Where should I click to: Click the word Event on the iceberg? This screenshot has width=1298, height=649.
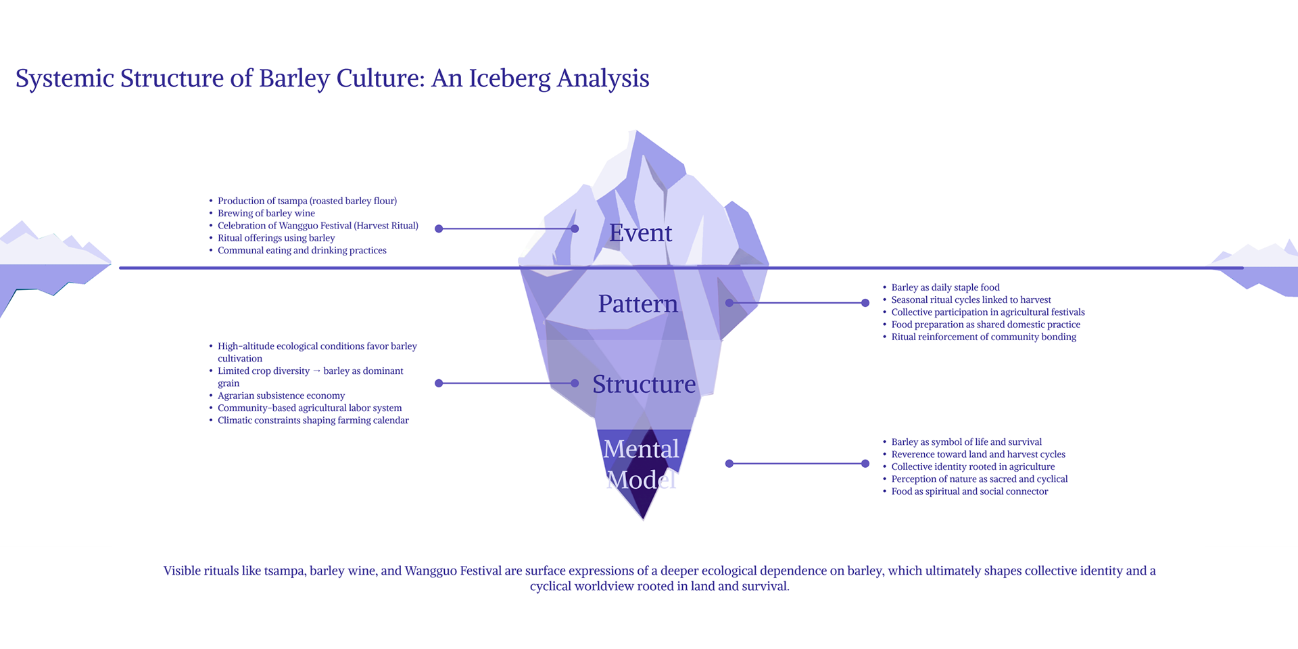coord(640,233)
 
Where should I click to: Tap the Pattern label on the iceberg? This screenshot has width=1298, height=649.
coord(638,304)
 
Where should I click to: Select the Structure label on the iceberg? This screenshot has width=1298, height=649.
coord(644,384)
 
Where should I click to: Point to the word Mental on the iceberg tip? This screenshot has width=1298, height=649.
coord(641,449)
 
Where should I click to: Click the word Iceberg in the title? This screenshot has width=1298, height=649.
coord(510,79)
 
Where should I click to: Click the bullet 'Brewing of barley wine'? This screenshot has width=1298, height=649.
coord(266,214)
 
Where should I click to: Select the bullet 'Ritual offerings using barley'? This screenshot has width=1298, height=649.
coord(276,238)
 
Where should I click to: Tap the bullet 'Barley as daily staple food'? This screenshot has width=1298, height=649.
coord(945,287)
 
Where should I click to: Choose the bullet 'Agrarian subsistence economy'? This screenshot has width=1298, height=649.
coord(281,395)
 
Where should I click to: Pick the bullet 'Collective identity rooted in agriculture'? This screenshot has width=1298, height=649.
coord(973,466)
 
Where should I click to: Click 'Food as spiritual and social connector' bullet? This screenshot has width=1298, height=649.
coord(969,491)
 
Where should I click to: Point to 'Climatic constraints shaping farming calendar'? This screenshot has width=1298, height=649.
coord(313,420)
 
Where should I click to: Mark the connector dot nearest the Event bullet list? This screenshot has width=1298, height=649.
coord(439,229)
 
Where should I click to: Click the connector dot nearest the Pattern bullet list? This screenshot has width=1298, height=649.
coord(865,303)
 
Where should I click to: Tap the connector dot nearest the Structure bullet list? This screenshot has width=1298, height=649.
coord(439,383)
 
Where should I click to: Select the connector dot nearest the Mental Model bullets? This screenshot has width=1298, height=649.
coord(865,464)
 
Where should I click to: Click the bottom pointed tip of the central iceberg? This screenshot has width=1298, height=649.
coord(644,519)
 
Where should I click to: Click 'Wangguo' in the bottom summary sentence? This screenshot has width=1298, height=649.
coord(430,571)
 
